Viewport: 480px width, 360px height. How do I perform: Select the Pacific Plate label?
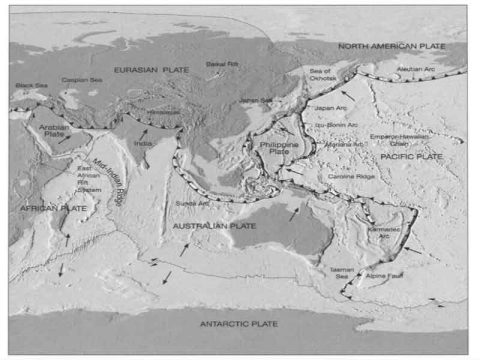click(412, 157)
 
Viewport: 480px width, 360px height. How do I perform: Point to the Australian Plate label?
click(215, 228)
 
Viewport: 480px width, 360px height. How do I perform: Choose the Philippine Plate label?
click(270, 148)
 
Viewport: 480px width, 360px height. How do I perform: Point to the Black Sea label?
click(31, 86)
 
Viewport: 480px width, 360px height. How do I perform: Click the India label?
click(142, 145)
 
